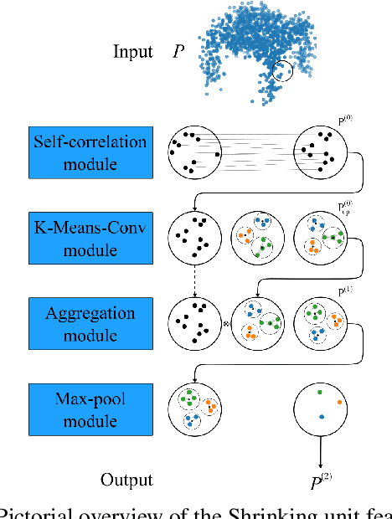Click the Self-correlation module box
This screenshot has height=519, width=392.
pos(77,152)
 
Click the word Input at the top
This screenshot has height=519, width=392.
pos(133,52)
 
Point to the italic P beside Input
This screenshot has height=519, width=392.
pos(178,52)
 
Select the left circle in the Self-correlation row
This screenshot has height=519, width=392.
pos(193,152)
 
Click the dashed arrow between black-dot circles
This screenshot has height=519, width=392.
pos(193,280)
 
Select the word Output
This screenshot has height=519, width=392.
pos(127,480)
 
